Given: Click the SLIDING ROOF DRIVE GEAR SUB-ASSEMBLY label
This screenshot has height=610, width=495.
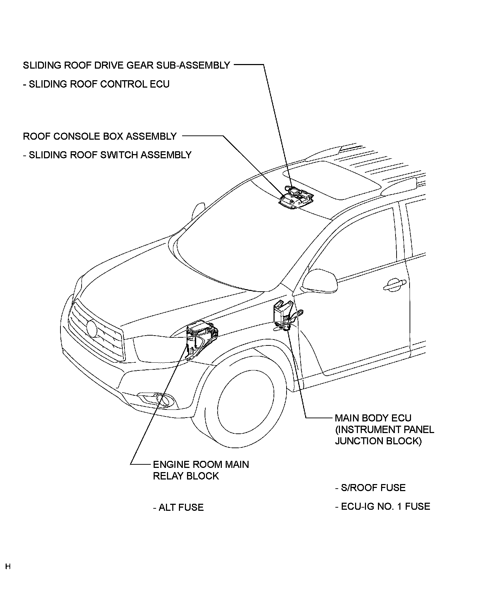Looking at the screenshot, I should point(126,65).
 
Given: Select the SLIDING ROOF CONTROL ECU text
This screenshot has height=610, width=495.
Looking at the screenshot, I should point(96,84).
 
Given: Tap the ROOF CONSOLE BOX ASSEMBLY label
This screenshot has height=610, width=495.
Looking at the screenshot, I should point(99,136).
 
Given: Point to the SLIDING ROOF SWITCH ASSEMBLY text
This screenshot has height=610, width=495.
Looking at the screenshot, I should point(107,155).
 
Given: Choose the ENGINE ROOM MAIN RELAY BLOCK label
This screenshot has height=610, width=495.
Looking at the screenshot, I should point(200,470).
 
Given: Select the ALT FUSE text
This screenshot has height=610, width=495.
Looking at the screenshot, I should point(178,507).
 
